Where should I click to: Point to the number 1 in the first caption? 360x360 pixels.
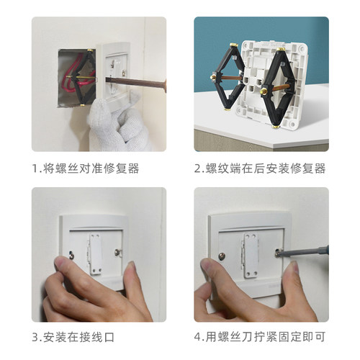pos(35,168)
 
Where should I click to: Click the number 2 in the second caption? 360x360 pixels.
pos(197,168)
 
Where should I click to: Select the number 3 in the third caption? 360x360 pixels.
pos(36,336)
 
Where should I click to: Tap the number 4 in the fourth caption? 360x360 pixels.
pos(198,336)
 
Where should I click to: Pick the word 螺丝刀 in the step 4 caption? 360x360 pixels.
pos(244,336)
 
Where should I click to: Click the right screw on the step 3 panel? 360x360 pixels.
pos(118,253)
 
